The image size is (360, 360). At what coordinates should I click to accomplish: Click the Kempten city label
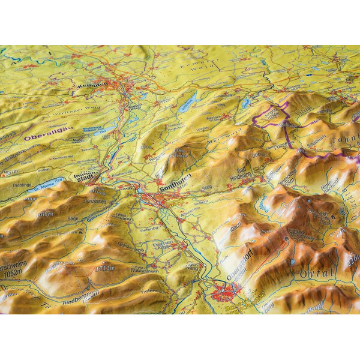pos(91,85)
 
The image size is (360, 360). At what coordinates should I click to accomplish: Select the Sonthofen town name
pos(173,188)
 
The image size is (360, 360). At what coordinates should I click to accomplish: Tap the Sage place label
pos(73,220)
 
